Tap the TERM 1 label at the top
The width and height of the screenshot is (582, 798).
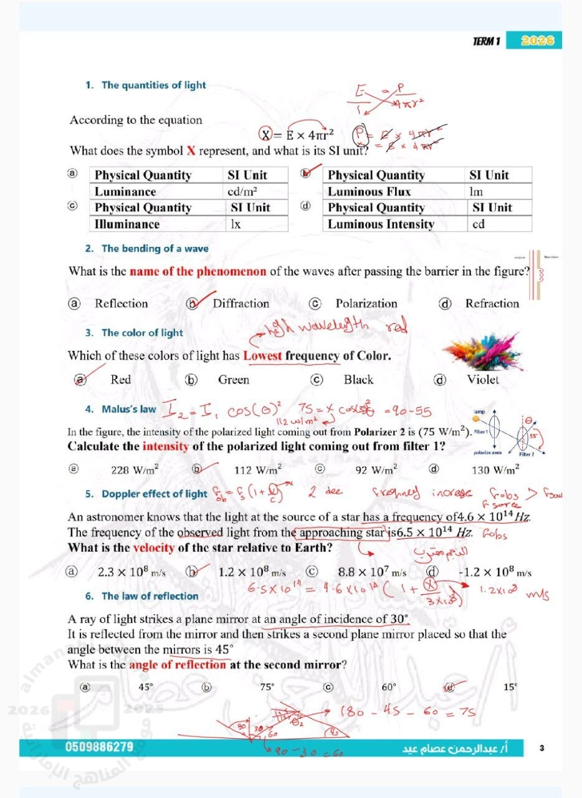point(486,42)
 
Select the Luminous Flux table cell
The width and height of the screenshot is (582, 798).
point(369,191)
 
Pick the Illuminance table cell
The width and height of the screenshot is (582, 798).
point(127,224)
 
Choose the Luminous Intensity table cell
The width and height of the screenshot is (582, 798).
point(381,224)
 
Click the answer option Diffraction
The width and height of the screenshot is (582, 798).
point(241,304)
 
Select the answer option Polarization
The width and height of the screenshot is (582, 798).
point(366,304)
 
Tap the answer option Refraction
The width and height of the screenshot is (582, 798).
point(492,304)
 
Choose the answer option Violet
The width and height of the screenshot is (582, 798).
point(483,380)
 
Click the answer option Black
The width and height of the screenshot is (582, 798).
point(358,380)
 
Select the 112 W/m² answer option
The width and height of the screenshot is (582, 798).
point(258,470)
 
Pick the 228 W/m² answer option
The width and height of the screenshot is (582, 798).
point(135,470)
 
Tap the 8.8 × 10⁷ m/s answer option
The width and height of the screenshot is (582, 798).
point(372,572)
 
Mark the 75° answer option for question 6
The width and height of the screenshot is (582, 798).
point(267,687)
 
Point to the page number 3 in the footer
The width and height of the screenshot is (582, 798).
point(542,748)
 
